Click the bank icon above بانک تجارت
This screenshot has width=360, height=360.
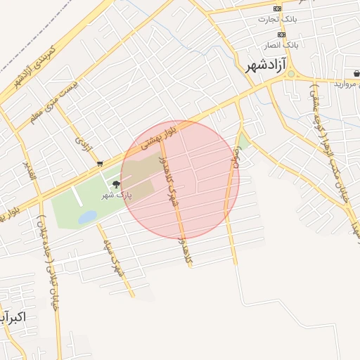coord(278,8)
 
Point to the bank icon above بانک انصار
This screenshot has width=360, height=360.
coord(281,34)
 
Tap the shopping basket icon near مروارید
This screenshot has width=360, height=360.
coord(356,72)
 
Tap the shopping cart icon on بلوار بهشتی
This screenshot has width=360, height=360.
coord(100,163)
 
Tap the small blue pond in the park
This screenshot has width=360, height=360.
coord(88,217)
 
